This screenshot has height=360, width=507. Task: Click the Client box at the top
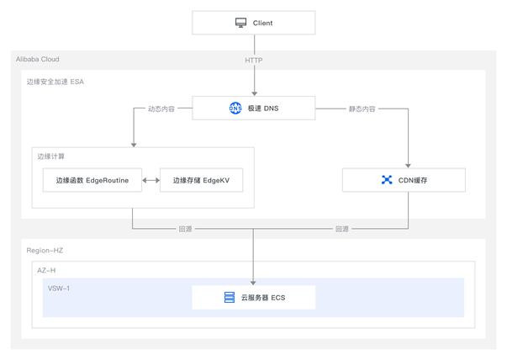click(x=254, y=23)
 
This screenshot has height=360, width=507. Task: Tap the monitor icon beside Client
click(x=240, y=23)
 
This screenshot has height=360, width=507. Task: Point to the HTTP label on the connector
click(x=254, y=61)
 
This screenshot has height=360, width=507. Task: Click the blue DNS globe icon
click(x=235, y=108)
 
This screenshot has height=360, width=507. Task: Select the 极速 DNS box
click(x=254, y=108)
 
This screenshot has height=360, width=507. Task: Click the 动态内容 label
click(x=161, y=109)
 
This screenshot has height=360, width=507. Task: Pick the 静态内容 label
click(x=362, y=109)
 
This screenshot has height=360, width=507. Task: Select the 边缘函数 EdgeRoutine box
click(x=92, y=180)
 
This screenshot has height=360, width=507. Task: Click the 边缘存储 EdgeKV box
click(x=202, y=180)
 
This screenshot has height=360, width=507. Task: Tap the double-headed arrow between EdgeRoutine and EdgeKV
click(x=151, y=180)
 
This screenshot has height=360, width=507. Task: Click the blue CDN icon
click(x=387, y=180)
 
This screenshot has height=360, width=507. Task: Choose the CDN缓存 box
click(x=404, y=180)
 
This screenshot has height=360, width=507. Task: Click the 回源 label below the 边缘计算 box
click(x=186, y=229)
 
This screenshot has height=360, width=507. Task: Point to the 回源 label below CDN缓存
click(x=342, y=229)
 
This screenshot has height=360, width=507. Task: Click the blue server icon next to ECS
click(x=230, y=297)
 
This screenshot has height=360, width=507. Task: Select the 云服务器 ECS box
click(x=254, y=298)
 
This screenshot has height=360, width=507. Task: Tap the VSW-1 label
click(x=59, y=289)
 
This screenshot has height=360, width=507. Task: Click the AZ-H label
click(x=46, y=270)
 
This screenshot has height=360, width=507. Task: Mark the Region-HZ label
click(x=45, y=251)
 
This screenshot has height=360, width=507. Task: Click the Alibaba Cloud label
click(x=38, y=59)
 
